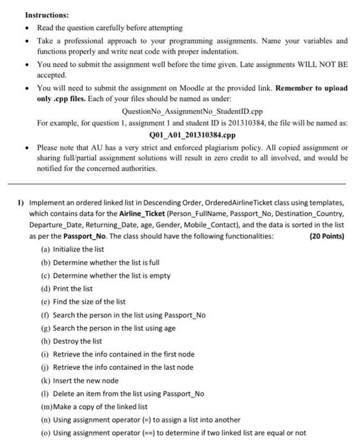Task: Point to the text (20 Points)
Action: (326, 236)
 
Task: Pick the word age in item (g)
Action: (169, 328)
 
